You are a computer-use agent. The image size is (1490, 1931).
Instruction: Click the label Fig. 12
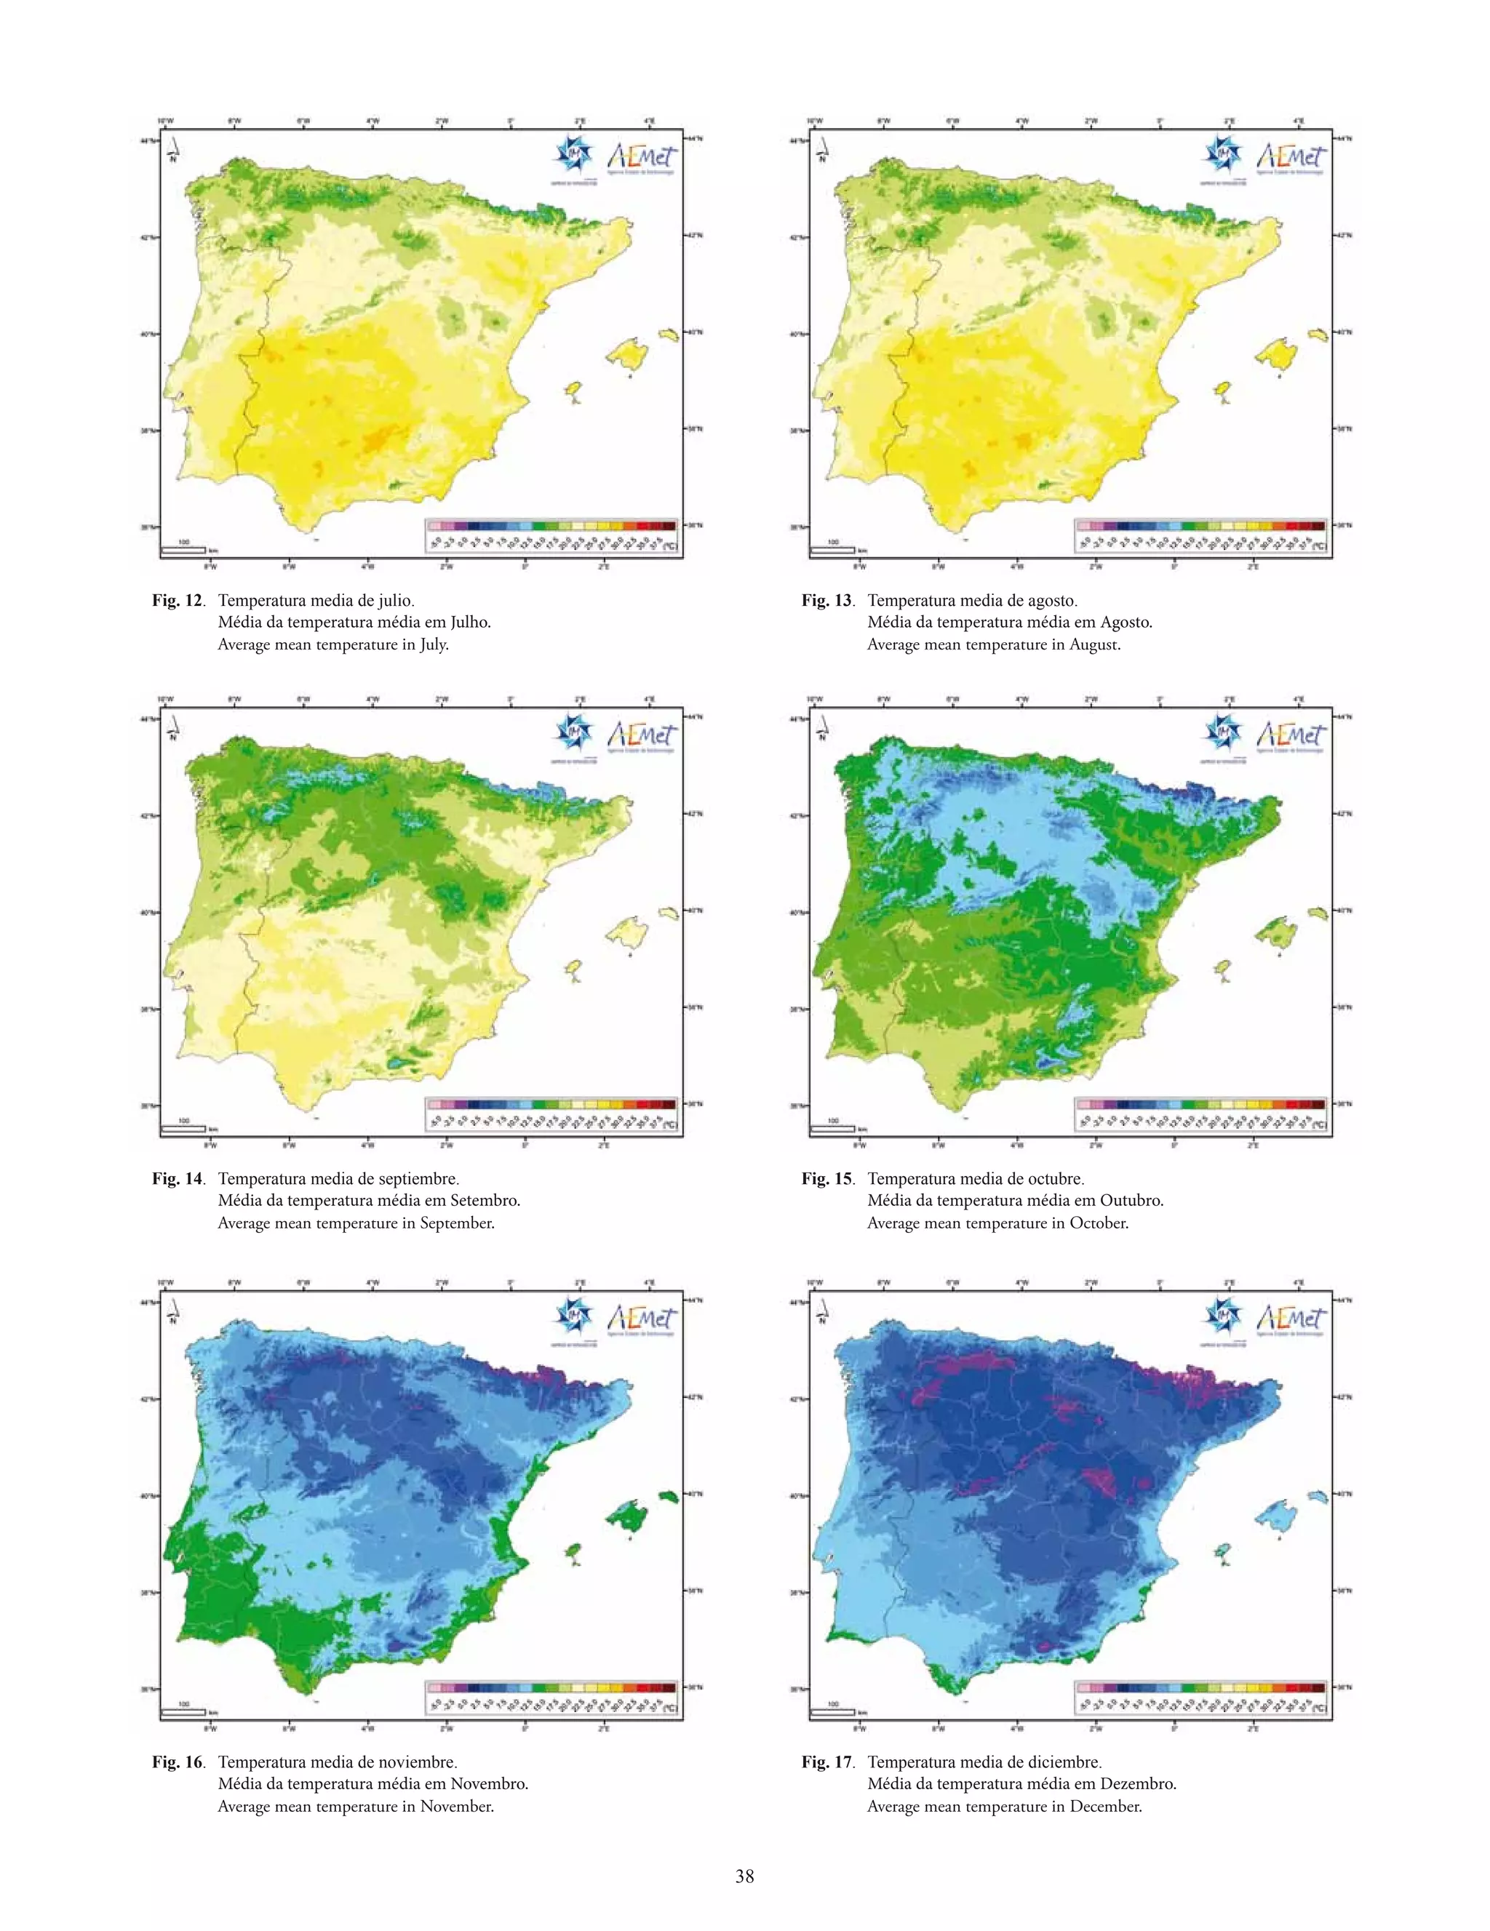(177, 600)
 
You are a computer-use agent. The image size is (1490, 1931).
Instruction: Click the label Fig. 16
(177, 1762)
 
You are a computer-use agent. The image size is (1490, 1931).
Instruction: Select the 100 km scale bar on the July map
(183, 549)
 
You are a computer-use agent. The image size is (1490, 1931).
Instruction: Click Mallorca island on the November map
(627, 1517)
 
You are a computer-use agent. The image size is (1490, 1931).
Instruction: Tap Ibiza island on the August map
(1224, 390)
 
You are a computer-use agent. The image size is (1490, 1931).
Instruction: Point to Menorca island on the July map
(669, 335)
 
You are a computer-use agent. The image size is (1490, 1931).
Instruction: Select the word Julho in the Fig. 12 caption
(469, 622)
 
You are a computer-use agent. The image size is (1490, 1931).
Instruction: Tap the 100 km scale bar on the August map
(832, 549)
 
